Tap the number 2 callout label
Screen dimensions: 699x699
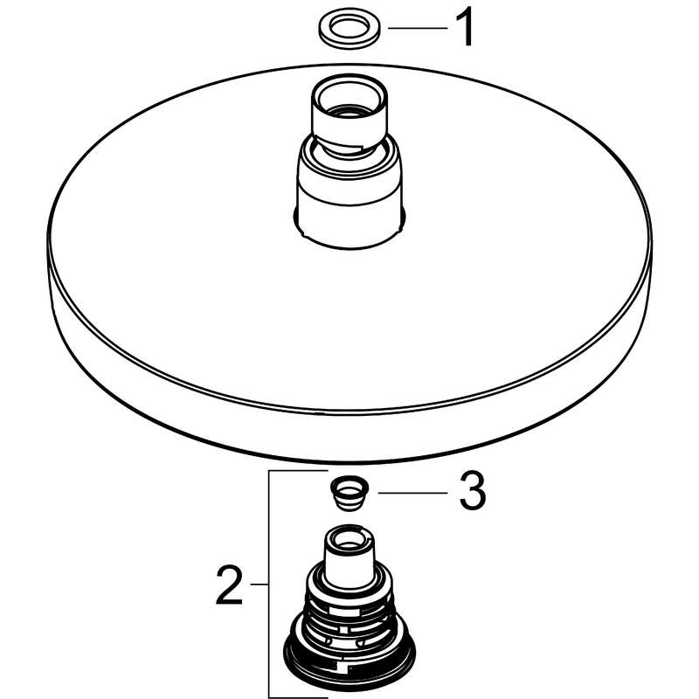point(229,585)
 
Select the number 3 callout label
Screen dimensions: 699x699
point(473,492)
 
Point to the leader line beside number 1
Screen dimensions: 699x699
point(418,28)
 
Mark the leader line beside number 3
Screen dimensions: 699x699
point(412,493)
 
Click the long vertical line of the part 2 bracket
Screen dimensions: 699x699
point(269,584)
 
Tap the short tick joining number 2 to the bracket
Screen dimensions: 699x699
point(259,584)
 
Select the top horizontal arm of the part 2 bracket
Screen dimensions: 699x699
point(298,471)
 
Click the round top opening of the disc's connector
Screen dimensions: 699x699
point(349,98)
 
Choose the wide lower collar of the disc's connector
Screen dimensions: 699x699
point(349,190)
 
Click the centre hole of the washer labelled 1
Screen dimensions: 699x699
point(349,29)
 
